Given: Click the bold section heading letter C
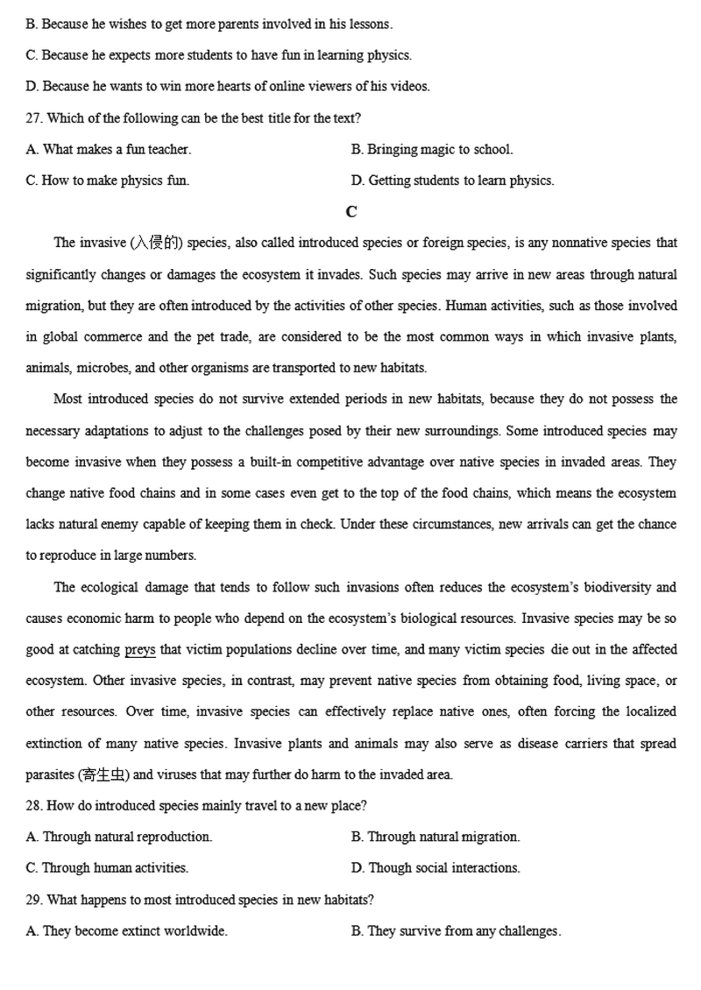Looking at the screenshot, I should click(351, 212).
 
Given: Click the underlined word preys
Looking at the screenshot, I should click(140, 650).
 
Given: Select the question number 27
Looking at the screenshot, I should click(33, 117).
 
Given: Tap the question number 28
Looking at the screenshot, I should click(33, 805).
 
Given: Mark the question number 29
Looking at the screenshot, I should click(33, 900).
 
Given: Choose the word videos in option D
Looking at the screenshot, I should click(411, 86).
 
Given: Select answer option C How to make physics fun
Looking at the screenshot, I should click(108, 180).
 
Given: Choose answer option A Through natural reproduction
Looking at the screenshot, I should click(119, 837).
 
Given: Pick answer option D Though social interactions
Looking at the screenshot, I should click(435, 868).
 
